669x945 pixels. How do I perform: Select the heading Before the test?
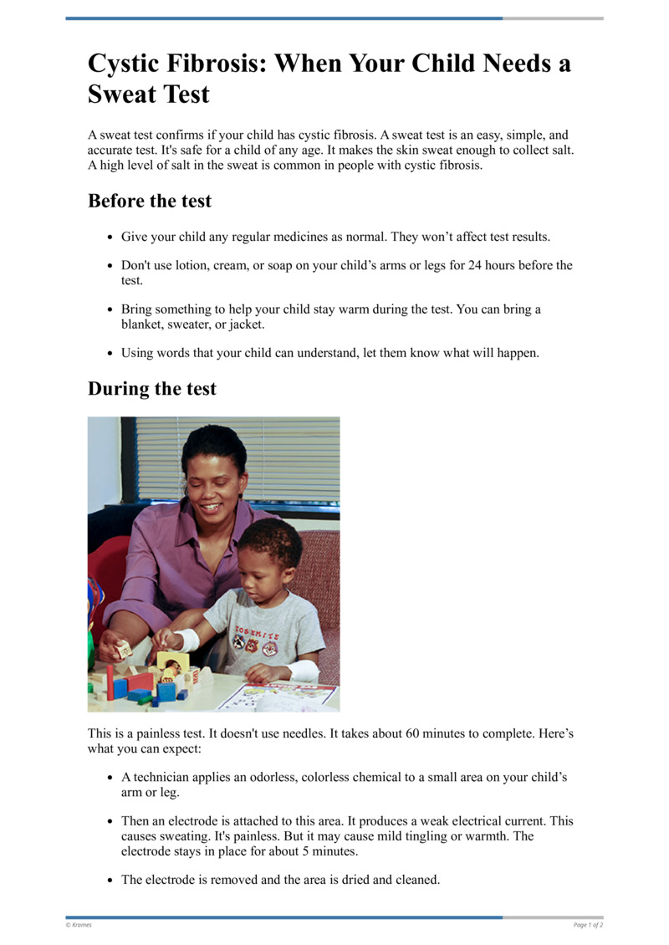pyautogui.click(x=150, y=201)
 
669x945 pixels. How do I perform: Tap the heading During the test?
pyautogui.click(x=151, y=388)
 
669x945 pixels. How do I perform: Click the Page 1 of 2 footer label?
pyautogui.click(x=588, y=925)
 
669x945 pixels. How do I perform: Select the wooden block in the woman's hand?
pyautogui.click(x=125, y=648)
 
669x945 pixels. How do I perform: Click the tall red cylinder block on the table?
pyautogui.click(x=109, y=677)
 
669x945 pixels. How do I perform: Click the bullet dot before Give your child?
pyautogui.click(x=110, y=238)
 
